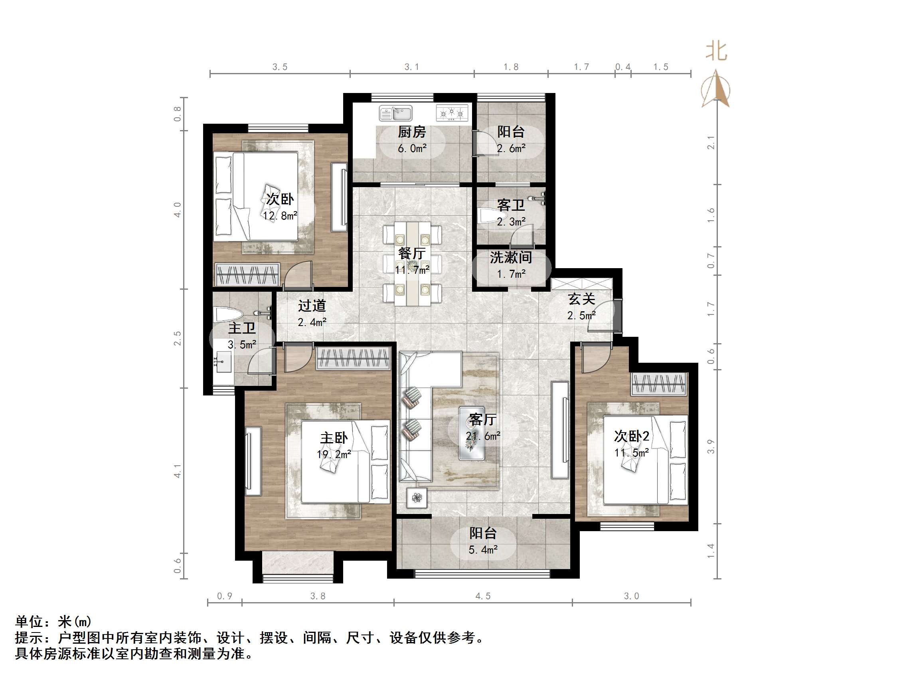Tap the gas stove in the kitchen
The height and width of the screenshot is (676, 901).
click(x=452, y=113)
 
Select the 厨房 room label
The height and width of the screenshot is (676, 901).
click(x=412, y=132)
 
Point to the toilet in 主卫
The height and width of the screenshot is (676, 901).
click(x=228, y=315)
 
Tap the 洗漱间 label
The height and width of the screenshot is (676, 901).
click(x=511, y=257)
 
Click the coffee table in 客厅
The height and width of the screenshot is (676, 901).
click(x=472, y=433)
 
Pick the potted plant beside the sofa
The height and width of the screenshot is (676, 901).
click(x=417, y=498)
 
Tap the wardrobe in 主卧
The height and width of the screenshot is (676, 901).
click(x=353, y=359)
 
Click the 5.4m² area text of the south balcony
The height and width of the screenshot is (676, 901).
click(x=483, y=550)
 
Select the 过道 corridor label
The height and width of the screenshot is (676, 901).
click(x=312, y=306)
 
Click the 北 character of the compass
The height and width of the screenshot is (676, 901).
click(x=716, y=52)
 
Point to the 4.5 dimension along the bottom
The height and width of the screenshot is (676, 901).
click(x=483, y=597)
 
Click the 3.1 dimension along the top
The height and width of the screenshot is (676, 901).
click(x=411, y=67)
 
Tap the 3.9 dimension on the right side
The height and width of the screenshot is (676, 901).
click(x=711, y=447)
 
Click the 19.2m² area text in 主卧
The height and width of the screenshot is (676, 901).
click(x=334, y=455)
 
